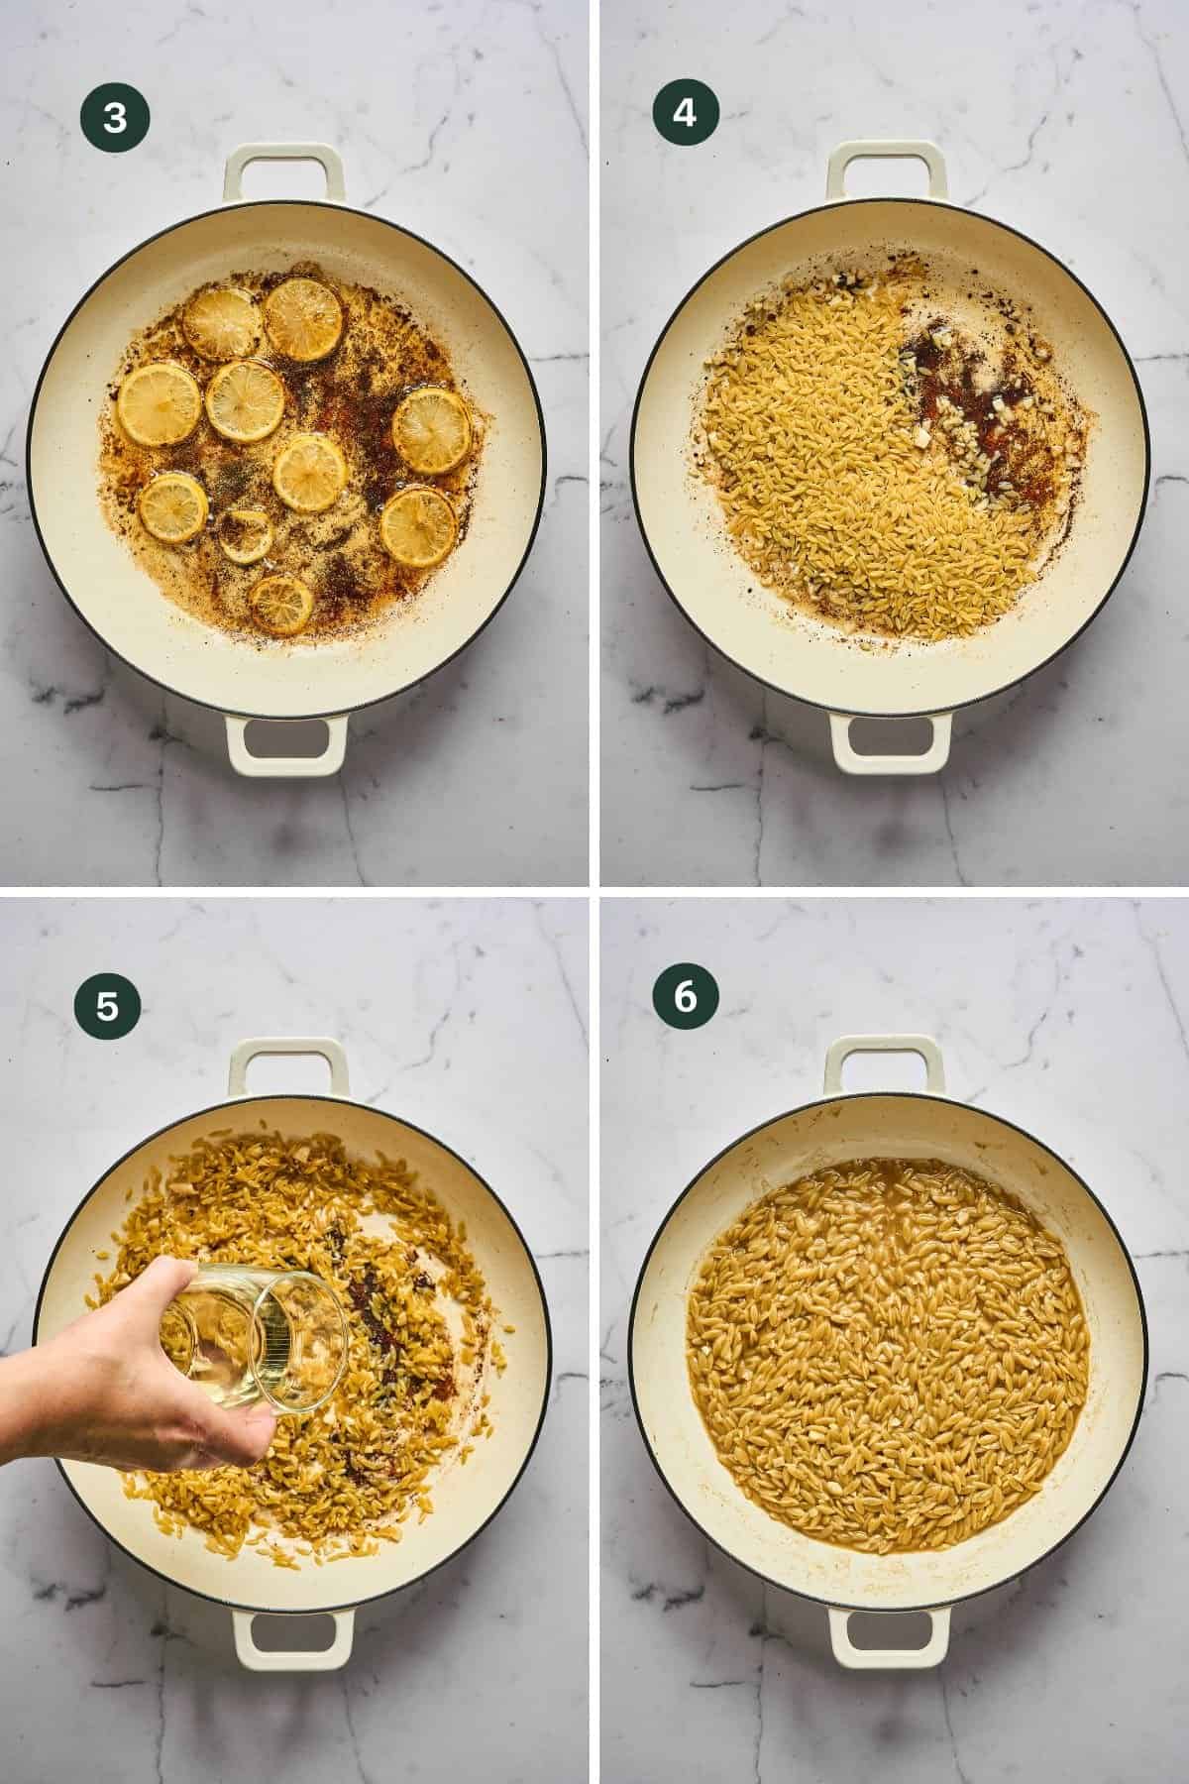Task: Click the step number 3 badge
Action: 116,118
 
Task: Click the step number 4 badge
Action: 685,114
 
